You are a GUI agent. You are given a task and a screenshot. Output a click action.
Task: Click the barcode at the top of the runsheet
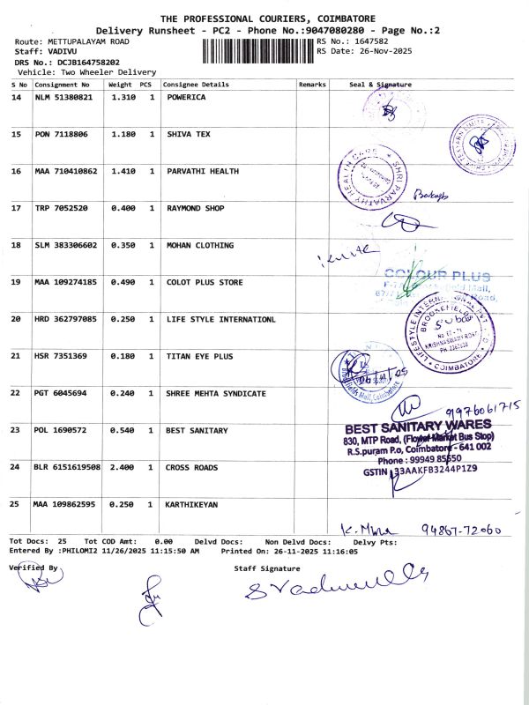point(257,49)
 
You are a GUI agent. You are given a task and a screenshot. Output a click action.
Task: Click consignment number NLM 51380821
point(63,97)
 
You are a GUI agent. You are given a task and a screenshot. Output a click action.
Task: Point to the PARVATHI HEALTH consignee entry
point(202,171)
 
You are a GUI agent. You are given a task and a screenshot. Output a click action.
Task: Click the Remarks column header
point(312,85)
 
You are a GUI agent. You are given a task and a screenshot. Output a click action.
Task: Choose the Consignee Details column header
point(196,85)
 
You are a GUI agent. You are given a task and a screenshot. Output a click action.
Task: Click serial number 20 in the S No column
point(16,319)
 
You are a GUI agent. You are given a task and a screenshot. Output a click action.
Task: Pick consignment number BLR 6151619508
point(67,467)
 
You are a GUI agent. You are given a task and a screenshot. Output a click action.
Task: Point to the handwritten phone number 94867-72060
point(461,530)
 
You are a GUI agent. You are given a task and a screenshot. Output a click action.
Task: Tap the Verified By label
point(33,568)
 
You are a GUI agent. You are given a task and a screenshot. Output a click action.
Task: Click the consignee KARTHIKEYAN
point(191,504)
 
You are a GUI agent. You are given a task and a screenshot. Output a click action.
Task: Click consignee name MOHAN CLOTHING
point(200,245)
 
